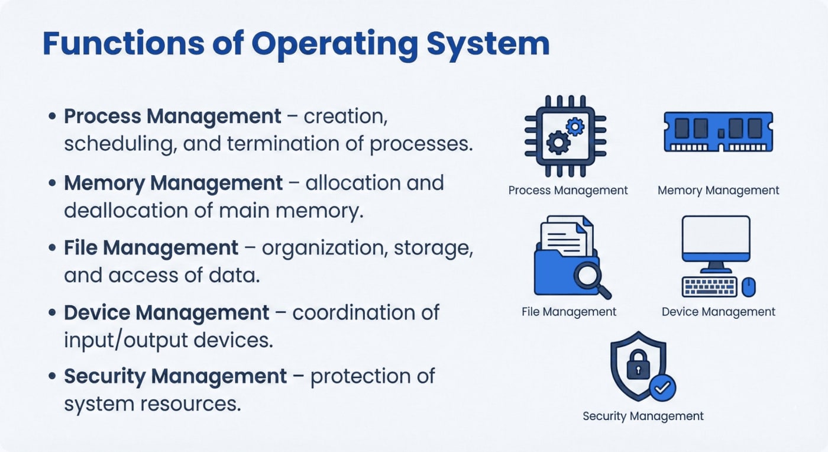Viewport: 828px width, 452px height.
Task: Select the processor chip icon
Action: [565, 136]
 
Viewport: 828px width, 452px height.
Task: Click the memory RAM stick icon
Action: [718, 131]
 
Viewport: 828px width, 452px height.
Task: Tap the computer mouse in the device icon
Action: [749, 287]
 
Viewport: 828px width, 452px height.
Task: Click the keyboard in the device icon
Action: [710, 287]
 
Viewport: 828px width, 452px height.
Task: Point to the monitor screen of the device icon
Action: [716, 237]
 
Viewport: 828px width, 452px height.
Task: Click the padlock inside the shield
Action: [638, 366]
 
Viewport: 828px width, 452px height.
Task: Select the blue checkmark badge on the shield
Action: [662, 388]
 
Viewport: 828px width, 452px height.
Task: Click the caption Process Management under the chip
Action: [568, 191]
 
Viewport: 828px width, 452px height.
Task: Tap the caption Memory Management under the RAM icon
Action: [718, 191]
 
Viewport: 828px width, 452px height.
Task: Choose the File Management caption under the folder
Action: [569, 312]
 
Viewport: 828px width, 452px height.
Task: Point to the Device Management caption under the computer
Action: [718, 312]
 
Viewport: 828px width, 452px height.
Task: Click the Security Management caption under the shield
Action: [643, 416]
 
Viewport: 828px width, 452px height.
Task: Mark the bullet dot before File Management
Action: [53, 248]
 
